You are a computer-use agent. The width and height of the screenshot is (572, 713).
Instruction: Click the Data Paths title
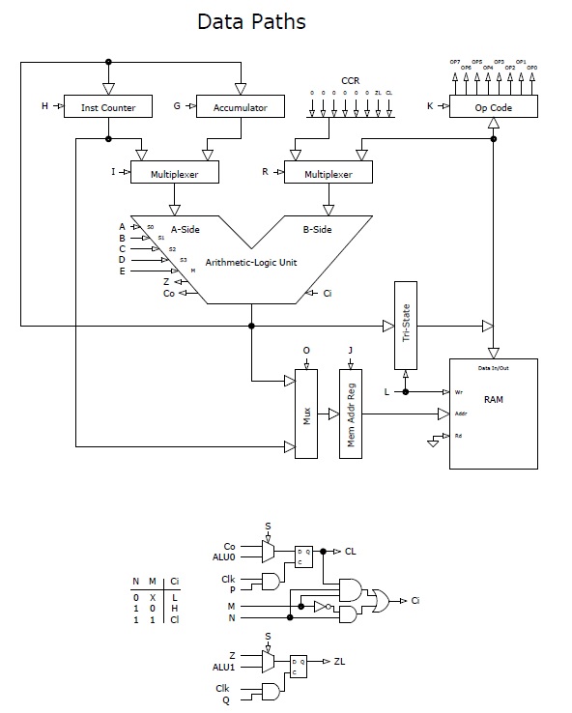(x=251, y=21)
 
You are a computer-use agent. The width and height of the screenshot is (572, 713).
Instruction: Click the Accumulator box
(x=239, y=107)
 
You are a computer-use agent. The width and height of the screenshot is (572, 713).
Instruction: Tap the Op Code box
(x=493, y=107)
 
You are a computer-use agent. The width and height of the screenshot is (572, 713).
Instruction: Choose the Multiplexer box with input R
(x=329, y=173)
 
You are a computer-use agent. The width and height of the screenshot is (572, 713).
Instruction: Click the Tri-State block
(x=405, y=325)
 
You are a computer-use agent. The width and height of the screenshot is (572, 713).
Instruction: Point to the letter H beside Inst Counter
(x=44, y=106)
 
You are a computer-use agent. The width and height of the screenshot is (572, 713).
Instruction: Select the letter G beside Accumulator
(x=177, y=106)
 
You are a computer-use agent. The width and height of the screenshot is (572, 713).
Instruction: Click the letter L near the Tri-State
(x=387, y=391)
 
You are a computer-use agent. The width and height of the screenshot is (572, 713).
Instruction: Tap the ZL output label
(x=340, y=662)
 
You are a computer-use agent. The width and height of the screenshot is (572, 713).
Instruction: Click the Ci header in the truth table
(x=174, y=581)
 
